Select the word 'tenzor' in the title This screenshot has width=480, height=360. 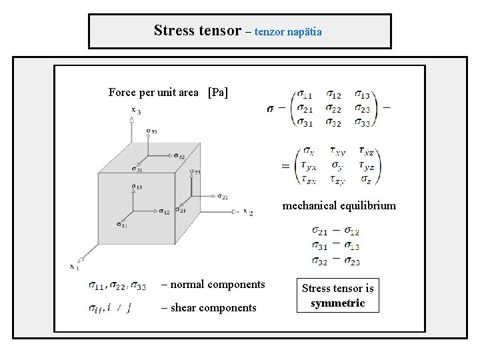click(270, 32)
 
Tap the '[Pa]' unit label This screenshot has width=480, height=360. click(217, 93)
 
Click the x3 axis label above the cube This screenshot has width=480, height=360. click(135, 111)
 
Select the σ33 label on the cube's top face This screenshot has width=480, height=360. click(151, 131)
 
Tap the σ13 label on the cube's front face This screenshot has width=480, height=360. click(136, 187)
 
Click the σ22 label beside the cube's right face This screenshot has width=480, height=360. click(223, 196)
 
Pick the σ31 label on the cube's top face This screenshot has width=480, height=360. click(137, 169)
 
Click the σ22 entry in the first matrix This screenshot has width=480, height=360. click(334, 109)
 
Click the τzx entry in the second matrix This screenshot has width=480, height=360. click(309, 179)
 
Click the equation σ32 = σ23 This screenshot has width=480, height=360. click(335, 261)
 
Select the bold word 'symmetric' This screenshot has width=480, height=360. click(338, 303)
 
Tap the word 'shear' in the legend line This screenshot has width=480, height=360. click(185, 307)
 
